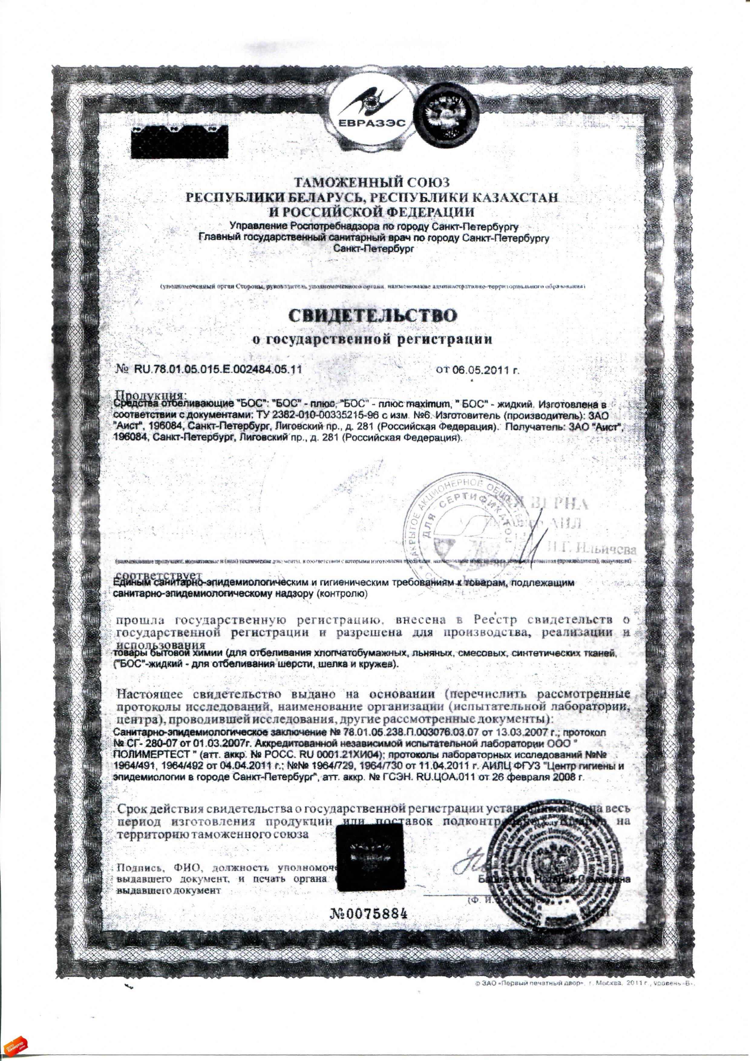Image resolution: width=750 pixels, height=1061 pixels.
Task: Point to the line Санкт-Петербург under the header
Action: pyautogui.click(x=372, y=249)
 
